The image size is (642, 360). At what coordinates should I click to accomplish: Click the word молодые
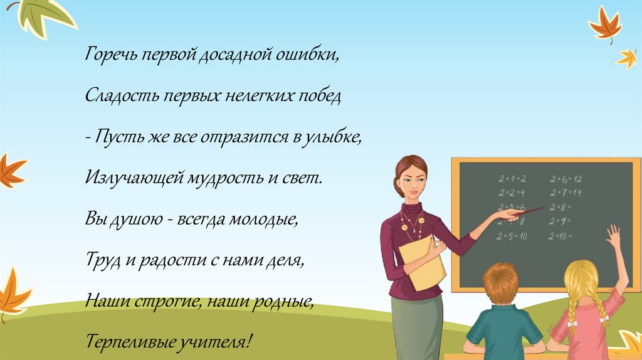pyautogui.click(x=263, y=219)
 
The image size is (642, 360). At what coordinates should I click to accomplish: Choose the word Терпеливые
pyautogui.click(x=135, y=342)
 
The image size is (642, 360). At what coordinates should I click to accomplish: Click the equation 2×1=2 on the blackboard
pyautogui.click(x=512, y=179)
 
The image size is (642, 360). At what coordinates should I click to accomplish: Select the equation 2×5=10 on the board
pyautogui.click(x=512, y=236)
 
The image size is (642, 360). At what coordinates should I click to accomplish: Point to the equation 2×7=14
pyautogui.click(x=566, y=193)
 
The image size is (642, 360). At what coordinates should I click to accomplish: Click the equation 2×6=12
pyautogui.click(x=566, y=179)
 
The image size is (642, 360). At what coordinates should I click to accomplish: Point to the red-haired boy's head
pyautogui.click(x=501, y=283)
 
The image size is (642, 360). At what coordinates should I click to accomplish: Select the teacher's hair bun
pyautogui.click(x=398, y=186)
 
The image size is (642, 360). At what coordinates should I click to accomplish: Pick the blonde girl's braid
pyautogui.click(x=572, y=314)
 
